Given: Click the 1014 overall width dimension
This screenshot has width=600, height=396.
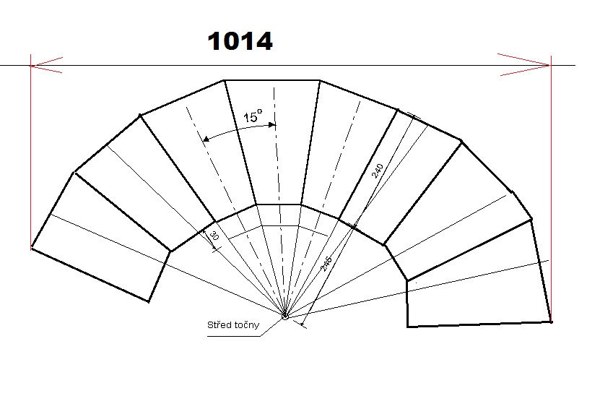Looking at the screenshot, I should point(240,41).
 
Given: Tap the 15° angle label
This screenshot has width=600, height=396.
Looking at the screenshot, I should point(252,117).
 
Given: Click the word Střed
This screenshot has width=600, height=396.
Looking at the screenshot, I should point(220,324).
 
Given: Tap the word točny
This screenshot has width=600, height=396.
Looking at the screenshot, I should point(245,324).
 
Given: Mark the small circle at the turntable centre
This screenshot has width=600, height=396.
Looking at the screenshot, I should point(285,316).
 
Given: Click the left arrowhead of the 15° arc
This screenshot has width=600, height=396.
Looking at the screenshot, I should point(208,137).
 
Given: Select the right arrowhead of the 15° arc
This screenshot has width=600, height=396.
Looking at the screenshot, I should point(271,125).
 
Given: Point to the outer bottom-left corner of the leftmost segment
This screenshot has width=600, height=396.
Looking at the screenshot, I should point(32,248).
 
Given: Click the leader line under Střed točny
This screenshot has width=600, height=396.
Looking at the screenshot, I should point(267,329).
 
